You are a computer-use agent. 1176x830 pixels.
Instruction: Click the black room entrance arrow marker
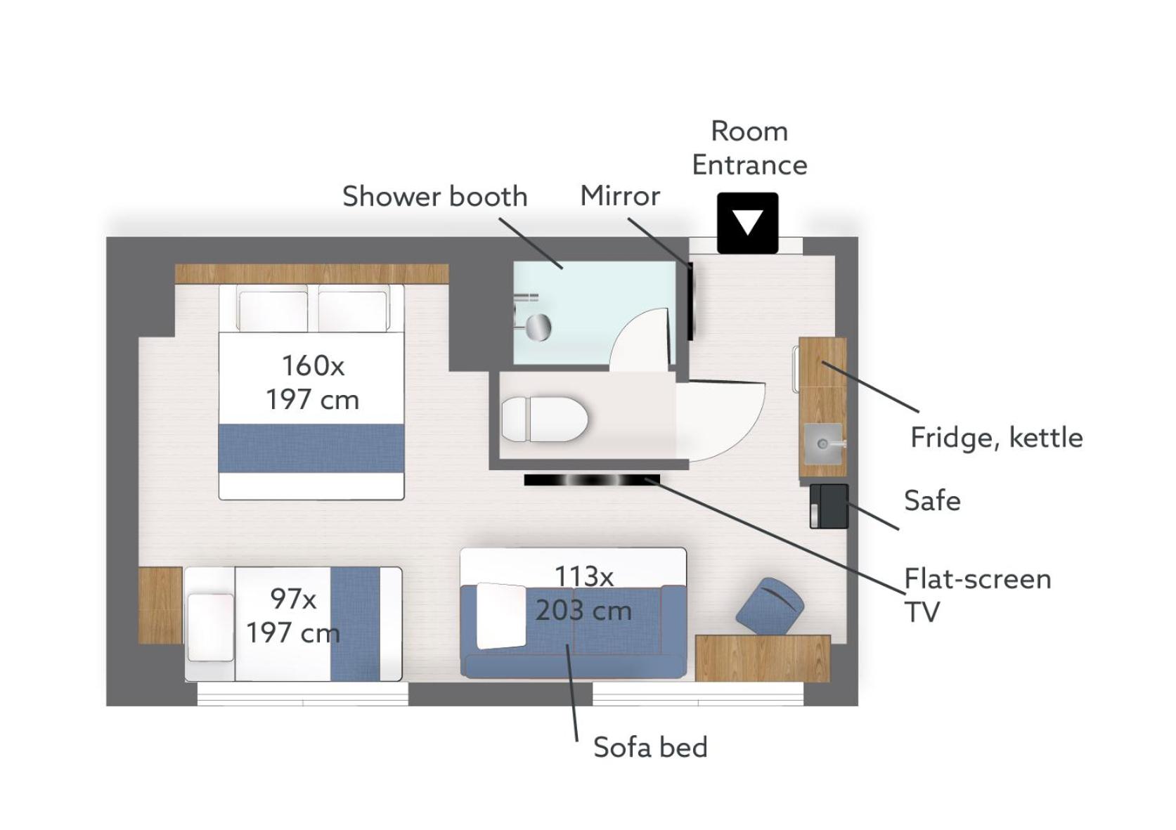(x=748, y=223)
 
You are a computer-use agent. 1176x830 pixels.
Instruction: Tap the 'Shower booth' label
(x=434, y=196)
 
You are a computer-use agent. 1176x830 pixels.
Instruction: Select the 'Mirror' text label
(x=620, y=196)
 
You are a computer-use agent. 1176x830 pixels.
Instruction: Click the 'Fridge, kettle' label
(x=997, y=438)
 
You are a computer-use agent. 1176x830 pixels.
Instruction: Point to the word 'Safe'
(x=932, y=500)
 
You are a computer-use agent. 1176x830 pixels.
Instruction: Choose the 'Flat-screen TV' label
(x=978, y=595)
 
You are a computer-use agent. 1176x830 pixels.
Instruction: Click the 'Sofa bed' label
(x=650, y=747)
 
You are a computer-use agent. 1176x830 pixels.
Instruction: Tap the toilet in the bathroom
(x=545, y=419)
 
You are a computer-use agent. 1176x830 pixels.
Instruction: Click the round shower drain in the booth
(x=538, y=328)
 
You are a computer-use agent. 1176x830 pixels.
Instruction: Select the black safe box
(x=829, y=506)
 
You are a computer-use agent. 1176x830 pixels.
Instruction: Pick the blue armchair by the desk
(x=770, y=607)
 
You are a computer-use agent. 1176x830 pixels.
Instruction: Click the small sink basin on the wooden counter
(x=823, y=443)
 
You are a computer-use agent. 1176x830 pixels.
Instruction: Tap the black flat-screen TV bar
(x=592, y=480)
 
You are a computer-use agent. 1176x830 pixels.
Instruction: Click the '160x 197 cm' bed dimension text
(x=313, y=383)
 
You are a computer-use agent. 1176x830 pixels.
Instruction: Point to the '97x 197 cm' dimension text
(x=293, y=615)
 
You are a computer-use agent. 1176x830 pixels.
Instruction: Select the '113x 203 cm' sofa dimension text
(x=584, y=593)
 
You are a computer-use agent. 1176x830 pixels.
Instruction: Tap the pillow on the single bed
(x=211, y=627)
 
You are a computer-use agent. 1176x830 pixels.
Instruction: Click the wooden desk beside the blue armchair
(x=763, y=659)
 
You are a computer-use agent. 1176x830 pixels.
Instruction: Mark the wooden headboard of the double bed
(x=312, y=273)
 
